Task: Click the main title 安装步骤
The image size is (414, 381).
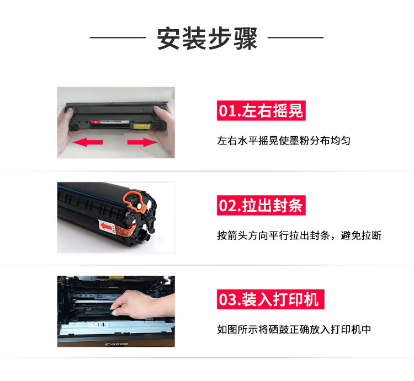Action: click(x=207, y=38)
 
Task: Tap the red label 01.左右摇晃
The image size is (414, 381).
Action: click(x=261, y=110)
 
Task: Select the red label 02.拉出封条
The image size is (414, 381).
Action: click(x=261, y=206)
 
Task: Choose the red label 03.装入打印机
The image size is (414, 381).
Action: click(x=270, y=299)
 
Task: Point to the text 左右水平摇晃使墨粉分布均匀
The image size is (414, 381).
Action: click(x=284, y=141)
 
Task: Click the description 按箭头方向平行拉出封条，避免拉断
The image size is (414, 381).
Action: click(x=299, y=235)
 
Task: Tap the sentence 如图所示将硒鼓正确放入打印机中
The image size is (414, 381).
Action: click(x=294, y=329)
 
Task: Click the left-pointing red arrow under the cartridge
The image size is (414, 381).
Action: click(x=88, y=142)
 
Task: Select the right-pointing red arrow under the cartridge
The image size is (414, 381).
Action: click(x=142, y=142)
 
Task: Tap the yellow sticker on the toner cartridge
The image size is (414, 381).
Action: click(x=142, y=126)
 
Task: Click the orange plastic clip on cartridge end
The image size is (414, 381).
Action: click(x=135, y=202)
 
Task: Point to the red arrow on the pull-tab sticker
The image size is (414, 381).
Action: click(x=107, y=226)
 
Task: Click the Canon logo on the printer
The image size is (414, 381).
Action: click(x=116, y=344)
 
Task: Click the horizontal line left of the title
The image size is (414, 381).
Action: click(x=118, y=37)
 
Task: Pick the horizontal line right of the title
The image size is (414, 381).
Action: click(x=296, y=37)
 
